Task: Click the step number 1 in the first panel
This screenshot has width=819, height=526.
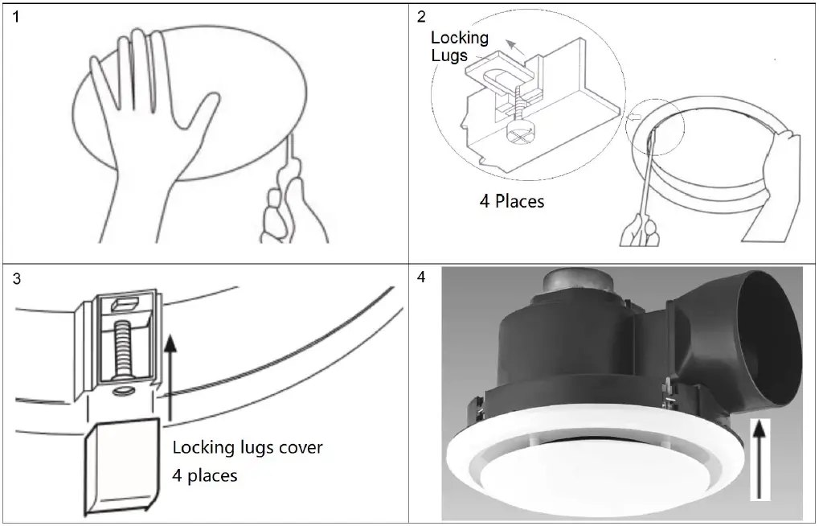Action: click(18, 17)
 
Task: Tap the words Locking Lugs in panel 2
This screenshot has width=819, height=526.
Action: click(459, 47)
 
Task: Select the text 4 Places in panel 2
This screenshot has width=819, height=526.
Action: click(511, 201)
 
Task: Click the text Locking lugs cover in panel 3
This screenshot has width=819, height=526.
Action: click(247, 446)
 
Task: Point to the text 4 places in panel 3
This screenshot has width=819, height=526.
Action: click(205, 475)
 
